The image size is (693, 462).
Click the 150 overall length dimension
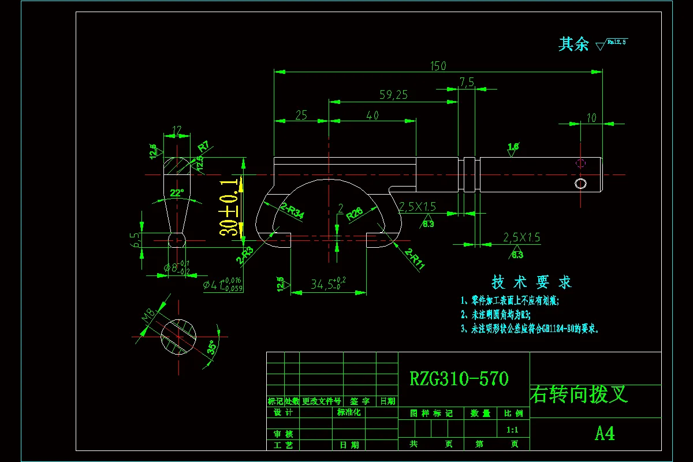click(438, 66)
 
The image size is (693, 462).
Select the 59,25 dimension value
click(394, 95)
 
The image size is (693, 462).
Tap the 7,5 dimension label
click(467, 83)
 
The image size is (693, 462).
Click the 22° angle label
click(176, 192)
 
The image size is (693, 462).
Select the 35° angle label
click(213, 347)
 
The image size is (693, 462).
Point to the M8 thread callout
click(148, 316)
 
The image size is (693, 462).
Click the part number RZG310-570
click(459, 379)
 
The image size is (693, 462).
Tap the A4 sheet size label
click(605, 433)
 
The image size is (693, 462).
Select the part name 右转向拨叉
click(579, 394)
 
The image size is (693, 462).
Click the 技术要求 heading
click(531, 282)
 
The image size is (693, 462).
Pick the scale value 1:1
click(512, 430)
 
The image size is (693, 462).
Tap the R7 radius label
click(203, 145)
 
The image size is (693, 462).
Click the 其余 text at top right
click(573, 44)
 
